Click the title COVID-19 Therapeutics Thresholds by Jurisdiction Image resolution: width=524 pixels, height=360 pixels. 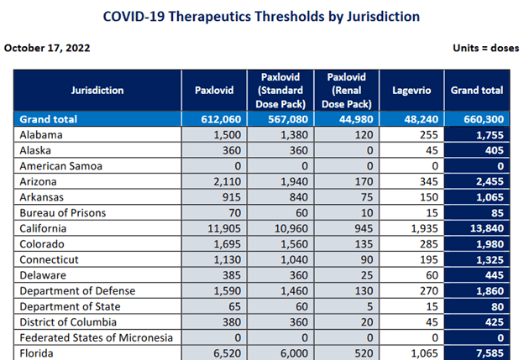(261, 16)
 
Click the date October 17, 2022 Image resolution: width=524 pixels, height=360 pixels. (47, 47)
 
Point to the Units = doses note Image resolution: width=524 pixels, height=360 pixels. (484, 47)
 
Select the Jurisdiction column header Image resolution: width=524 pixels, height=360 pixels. (97, 90)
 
